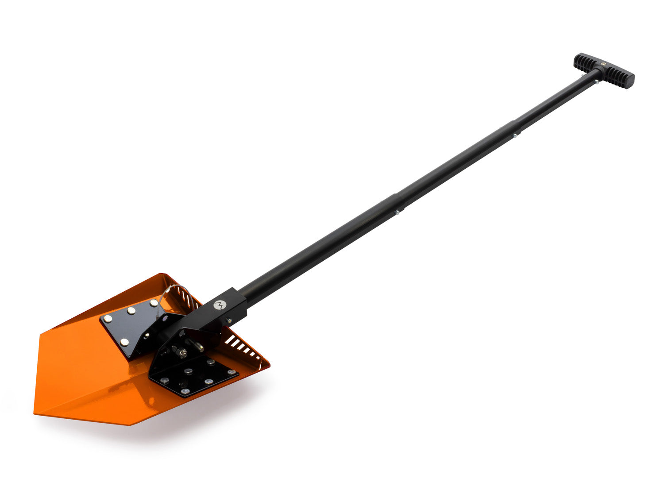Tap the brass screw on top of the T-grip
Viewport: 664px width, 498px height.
coord(603,65)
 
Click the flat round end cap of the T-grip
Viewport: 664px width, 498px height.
coord(628,81)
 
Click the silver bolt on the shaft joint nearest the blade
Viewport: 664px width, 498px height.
coord(398,213)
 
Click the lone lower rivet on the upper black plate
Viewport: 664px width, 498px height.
coord(124,341)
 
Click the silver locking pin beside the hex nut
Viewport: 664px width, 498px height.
coord(197,345)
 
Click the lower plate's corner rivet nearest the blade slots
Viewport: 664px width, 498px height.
coord(231,372)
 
